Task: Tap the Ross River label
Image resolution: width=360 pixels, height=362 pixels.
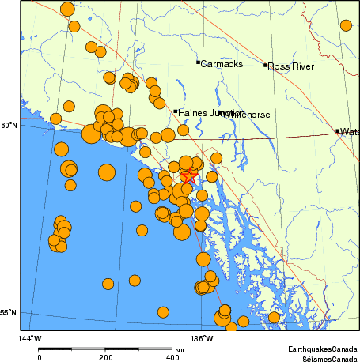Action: coord(291,67)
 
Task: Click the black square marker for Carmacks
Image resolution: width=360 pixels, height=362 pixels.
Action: coord(198,62)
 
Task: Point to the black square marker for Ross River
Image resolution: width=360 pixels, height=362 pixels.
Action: coord(266,65)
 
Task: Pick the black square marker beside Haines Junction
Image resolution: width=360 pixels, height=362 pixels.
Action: coord(175,111)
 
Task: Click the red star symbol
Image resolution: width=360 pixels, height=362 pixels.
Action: coord(189,176)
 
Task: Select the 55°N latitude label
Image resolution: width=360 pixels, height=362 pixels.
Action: coord(7,313)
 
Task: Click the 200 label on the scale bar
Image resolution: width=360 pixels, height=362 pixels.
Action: coord(105,357)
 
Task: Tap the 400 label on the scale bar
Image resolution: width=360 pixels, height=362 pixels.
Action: coord(171,357)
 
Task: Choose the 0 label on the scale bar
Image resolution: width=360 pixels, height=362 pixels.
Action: coord(40,357)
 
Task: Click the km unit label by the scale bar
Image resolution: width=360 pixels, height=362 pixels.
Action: coord(180,349)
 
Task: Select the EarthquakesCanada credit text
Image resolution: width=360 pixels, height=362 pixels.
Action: coord(322,349)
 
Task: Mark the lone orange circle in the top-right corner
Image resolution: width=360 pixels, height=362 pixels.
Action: coord(346,25)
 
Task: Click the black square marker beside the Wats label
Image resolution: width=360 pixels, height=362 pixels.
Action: coord(337,130)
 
